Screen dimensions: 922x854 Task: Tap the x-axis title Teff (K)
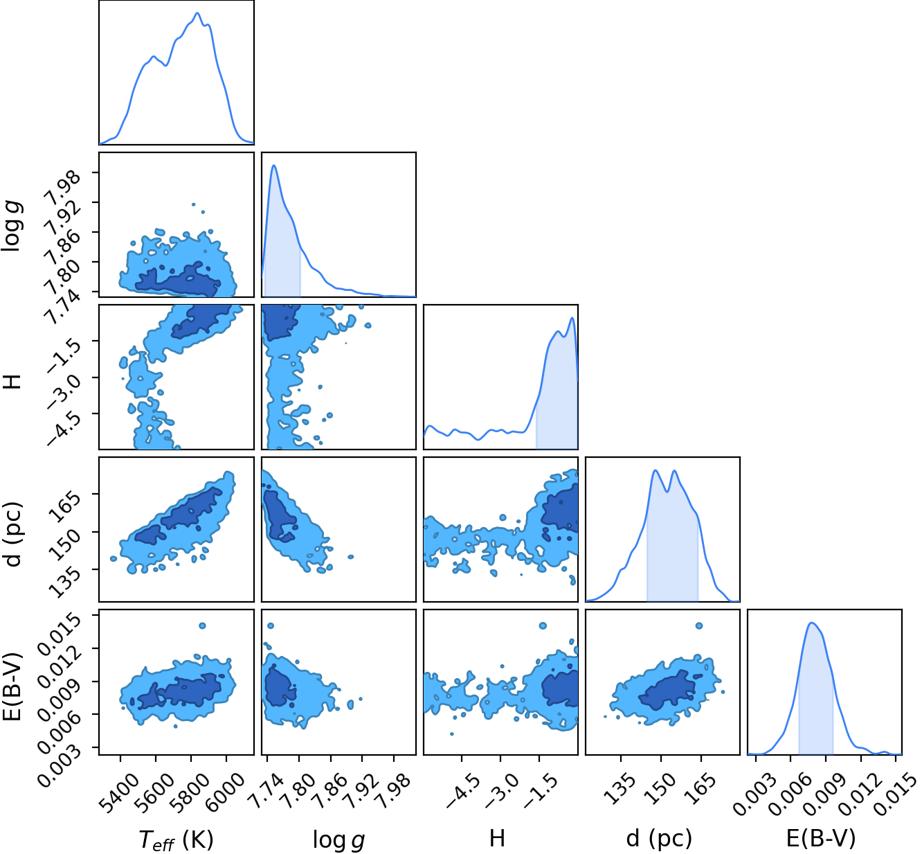pyautogui.click(x=176, y=839)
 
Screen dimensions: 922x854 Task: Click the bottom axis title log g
pyautogui.click(x=338, y=840)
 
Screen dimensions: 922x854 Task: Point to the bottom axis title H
pyautogui.click(x=497, y=838)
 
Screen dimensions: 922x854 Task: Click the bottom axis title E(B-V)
pyautogui.click(x=821, y=839)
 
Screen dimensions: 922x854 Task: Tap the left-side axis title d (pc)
pyautogui.click(x=14, y=535)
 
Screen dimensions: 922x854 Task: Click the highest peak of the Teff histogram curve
pyautogui.click(x=197, y=13)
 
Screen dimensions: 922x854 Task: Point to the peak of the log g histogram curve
pyautogui.click(x=274, y=166)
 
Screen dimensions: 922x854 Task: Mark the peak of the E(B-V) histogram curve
pyautogui.click(x=811, y=623)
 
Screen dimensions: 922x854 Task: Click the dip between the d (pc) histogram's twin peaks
pyautogui.click(x=667, y=491)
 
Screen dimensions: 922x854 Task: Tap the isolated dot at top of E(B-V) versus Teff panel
pyautogui.click(x=202, y=626)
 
